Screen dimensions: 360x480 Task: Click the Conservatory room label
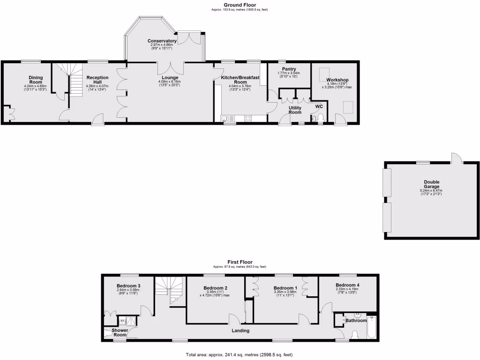coord(162,41)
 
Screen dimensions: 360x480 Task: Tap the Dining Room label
coord(36,80)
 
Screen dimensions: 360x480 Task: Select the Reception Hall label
coord(97,80)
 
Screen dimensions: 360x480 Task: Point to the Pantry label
coord(289,69)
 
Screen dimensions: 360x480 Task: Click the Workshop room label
coord(337,80)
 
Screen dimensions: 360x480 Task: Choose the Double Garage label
coord(431,184)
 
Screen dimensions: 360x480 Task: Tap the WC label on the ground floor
coord(319,106)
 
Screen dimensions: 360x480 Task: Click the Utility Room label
coord(295,110)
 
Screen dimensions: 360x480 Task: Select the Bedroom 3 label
coord(128,286)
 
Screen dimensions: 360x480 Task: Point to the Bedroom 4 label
coord(347,285)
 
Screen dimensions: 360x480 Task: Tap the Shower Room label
coord(120,332)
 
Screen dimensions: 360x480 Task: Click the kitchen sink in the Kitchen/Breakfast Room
coord(225,118)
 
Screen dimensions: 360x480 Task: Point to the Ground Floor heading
coord(240,5)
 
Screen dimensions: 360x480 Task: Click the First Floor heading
coord(240,262)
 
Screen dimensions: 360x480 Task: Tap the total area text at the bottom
coord(240,355)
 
